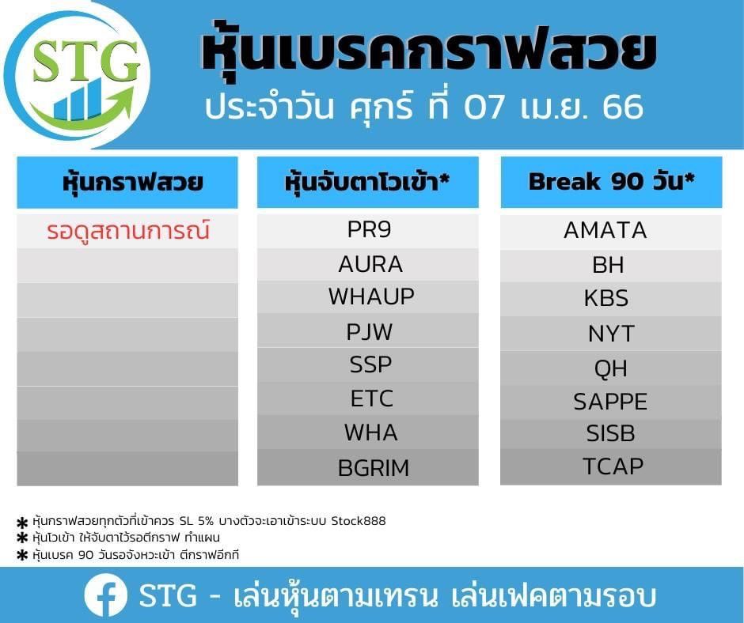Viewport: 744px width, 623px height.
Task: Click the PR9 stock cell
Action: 369,229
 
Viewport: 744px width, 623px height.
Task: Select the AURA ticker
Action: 370,264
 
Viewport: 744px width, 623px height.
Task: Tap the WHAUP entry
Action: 371,296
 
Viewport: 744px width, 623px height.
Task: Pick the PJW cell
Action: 369,331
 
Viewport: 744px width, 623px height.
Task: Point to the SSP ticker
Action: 370,364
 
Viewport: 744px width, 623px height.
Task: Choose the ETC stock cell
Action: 372,398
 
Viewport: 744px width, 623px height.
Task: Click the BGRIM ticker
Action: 374,468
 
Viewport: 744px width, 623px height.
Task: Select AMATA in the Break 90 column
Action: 605,230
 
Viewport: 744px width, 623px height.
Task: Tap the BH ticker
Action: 608,265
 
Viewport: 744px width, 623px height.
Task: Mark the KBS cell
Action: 606,298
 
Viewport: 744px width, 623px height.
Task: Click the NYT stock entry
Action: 611,334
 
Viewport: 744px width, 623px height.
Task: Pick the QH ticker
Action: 611,368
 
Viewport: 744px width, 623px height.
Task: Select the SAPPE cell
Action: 610,402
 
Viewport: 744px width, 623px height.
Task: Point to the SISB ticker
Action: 610,433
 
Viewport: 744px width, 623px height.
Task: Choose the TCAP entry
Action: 613,466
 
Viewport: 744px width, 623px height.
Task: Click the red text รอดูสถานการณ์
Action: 128,230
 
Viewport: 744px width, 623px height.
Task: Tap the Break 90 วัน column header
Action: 612,181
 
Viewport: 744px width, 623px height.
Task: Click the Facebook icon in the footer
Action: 106,595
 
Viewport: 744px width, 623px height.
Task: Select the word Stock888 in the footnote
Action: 359,520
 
